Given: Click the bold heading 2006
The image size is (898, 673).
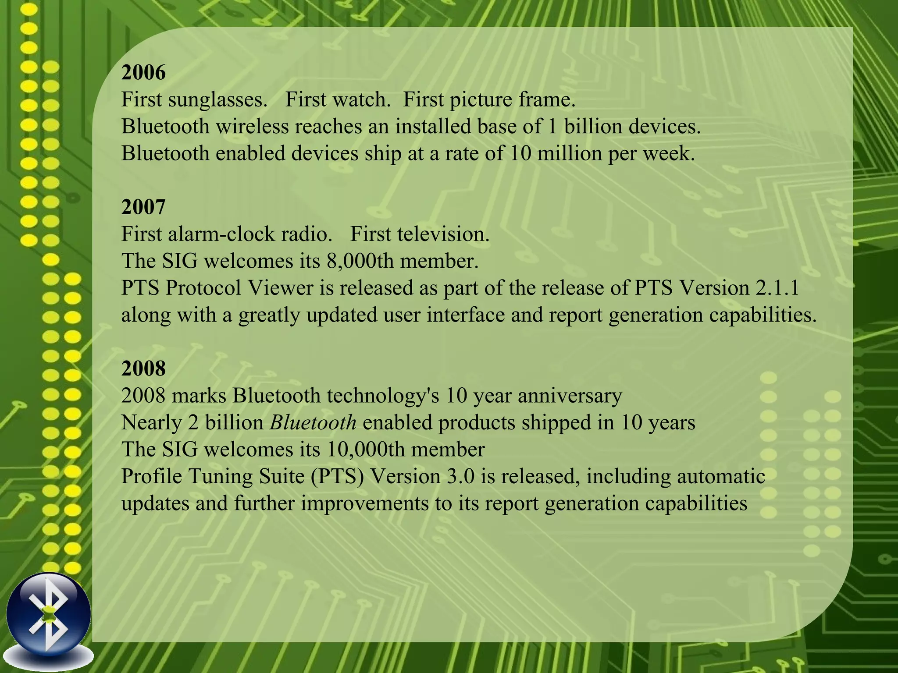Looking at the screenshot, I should pos(143,72).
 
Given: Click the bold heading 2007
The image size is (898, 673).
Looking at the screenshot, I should pos(143,207).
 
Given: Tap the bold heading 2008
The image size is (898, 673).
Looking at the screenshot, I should pos(143,368).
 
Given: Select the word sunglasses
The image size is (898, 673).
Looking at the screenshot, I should pos(217,100).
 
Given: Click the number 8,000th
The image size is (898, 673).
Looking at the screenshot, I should pos(360,261).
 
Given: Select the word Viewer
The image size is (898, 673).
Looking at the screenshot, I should pos(281,288).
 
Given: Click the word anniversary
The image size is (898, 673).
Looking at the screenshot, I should pos(570,396).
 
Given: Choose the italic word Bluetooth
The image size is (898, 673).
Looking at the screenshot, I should pos(313,423).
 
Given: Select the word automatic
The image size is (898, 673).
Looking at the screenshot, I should pos(721,477).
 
